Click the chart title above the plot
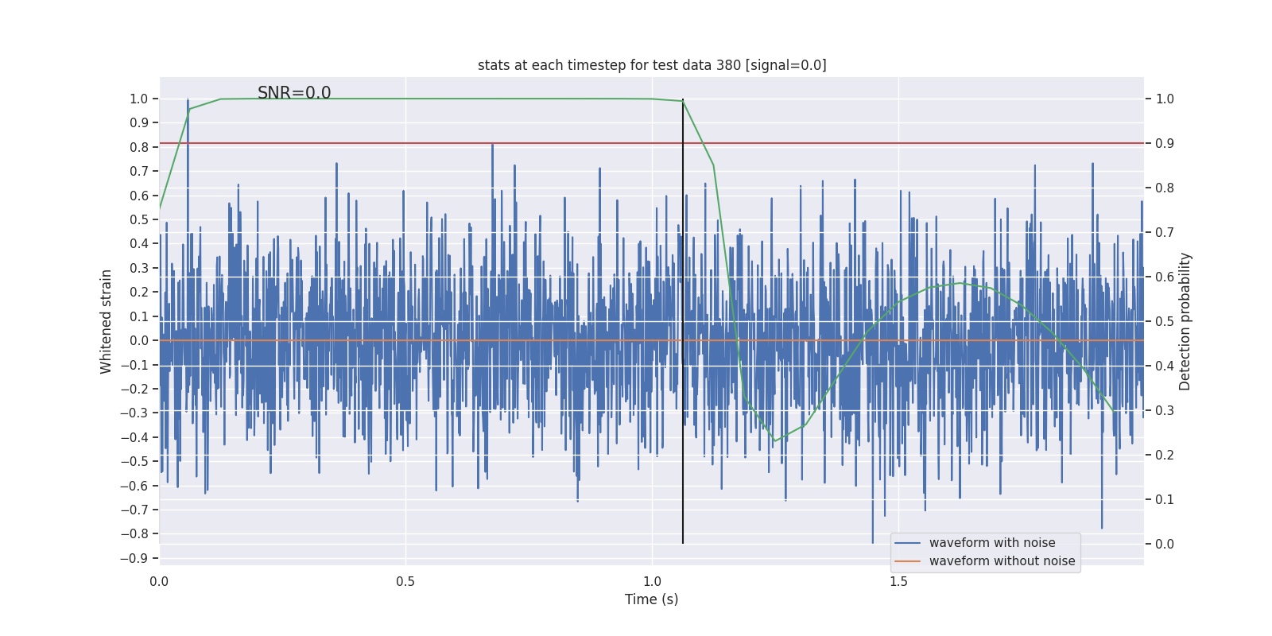[652, 65]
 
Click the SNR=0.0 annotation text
[294, 93]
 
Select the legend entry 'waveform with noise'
[992, 543]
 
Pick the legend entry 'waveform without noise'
[1002, 561]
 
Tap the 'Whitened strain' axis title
[107, 321]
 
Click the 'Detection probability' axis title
[1185, 321]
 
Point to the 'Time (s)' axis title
[652, 599]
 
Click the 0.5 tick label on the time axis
[405, 581]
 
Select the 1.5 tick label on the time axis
[898, 581]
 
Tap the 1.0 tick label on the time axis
[652, 581]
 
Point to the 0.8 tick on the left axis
[139, 147]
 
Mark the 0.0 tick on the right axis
[1165, 544]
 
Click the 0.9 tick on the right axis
[1165, 143]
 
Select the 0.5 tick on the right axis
[1165, 321]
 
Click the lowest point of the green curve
[774, 441]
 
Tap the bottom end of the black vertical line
[683, 543]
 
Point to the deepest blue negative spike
[872, 543]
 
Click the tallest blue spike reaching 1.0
[188, 99]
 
